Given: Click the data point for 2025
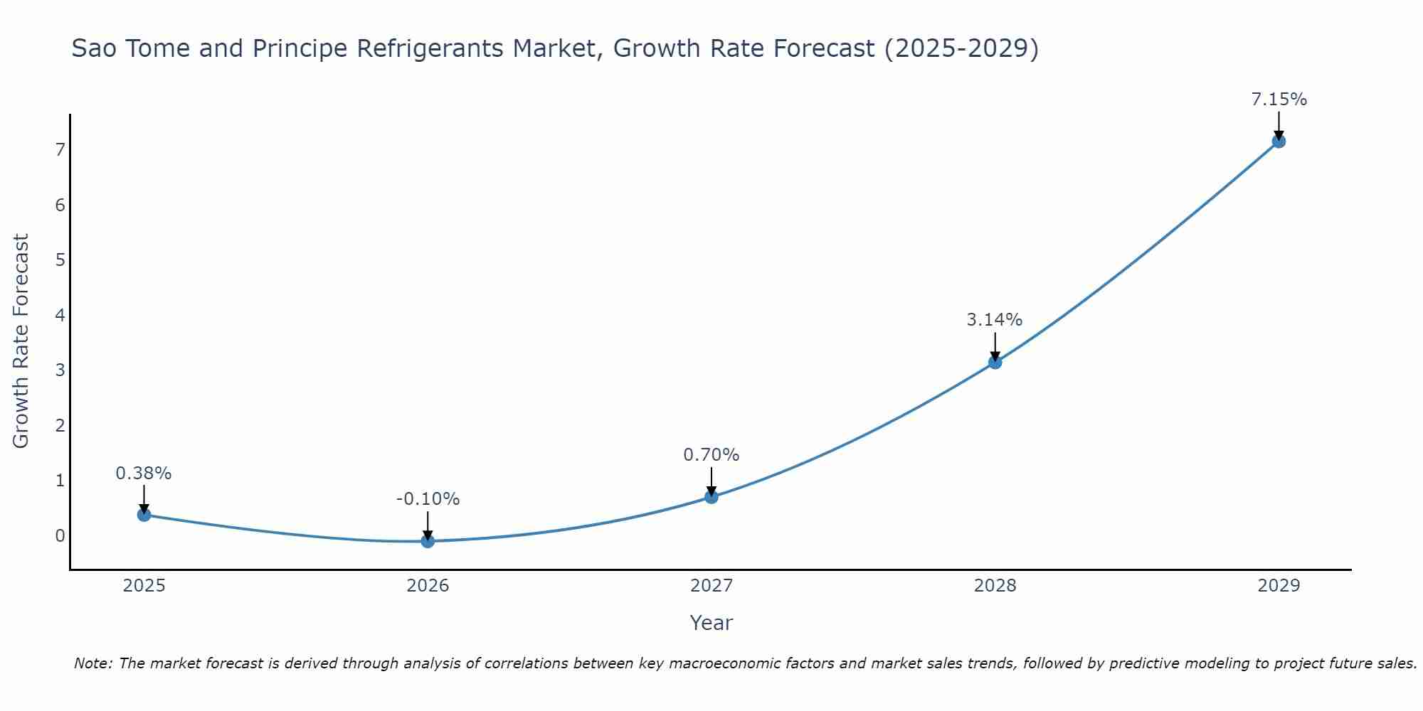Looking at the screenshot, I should pos(144,515).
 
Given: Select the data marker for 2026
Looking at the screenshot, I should pos(428,541).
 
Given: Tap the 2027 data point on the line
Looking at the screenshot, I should pos(711,497).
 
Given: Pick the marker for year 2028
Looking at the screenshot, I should pos(995,363).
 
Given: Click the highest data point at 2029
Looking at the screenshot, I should pos(1279,141).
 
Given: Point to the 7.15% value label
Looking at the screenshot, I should pos(1279,100).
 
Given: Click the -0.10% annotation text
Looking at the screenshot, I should pos(428,499).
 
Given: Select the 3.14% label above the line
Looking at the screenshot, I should pos(994,320).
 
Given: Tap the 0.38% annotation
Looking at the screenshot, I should pos(144,474).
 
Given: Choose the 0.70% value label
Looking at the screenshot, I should pos(711,454).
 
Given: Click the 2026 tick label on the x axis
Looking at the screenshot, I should pos(428,586).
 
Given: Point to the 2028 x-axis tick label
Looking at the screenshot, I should pos(995,586).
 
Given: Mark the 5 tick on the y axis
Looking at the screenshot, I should pos(60,260).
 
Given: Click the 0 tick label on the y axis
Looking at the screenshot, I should pos(60,535).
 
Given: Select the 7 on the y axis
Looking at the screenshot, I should pos(60,149).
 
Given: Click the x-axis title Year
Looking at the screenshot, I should pos(711,623).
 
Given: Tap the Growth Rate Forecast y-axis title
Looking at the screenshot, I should pos(21,341).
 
